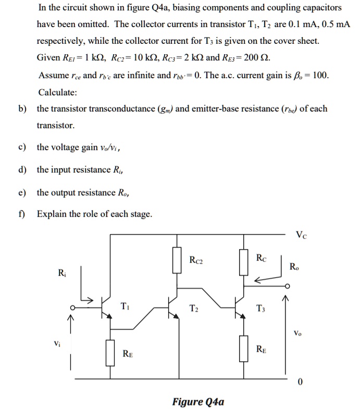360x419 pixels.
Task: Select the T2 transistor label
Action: [194, 307]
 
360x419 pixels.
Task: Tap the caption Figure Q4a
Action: [198, 401]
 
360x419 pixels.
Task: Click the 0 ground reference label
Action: [300, 383]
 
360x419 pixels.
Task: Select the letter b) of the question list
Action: [22, 109]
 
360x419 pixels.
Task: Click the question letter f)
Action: [22, 214]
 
